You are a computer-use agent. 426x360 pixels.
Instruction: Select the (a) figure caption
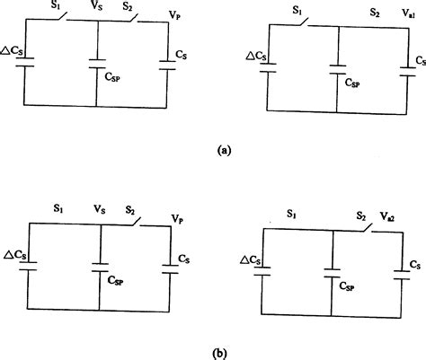[221, 151]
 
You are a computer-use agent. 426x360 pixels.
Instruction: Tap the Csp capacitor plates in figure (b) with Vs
[101, 266]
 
